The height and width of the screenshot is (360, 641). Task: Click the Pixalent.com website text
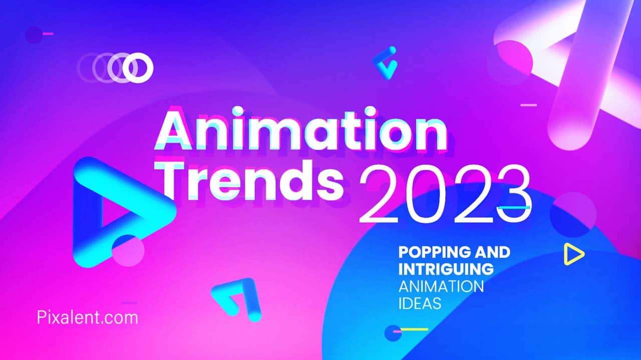coord(87,317)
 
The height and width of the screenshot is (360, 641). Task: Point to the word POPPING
coord(434,252)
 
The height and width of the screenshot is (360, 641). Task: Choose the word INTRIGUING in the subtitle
coord(446,269)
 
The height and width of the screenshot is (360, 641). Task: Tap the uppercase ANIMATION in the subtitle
coord(441,286)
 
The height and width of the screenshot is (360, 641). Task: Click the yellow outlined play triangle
coord(572,254)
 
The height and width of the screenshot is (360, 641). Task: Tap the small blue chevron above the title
coord(385,63)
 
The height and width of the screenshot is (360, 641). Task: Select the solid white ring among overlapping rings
coord(138,68)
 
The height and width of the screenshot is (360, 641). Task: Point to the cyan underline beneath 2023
coord(514,207)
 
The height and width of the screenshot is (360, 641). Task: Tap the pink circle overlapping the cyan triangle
coord(128,251)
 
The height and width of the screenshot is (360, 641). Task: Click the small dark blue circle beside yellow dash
coord(392,332)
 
